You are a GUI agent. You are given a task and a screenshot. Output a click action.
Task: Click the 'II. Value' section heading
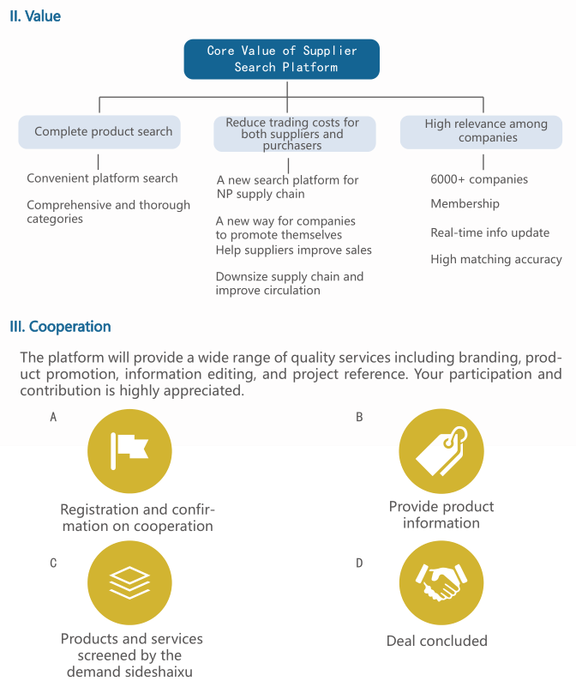pos(35,16)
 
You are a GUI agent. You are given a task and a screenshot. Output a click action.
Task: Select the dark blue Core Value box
pos(282,59)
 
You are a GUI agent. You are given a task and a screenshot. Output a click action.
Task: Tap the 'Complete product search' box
pos(99,132)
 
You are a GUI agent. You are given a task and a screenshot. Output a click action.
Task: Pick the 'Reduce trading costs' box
pos(294,134)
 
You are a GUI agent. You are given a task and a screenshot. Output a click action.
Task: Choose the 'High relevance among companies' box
pos(481,132)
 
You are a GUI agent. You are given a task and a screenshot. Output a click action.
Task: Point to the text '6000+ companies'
pos(479,179)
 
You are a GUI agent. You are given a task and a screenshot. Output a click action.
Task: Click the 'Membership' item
pos(465,204)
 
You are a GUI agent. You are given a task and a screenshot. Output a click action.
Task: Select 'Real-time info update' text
pos(489,232)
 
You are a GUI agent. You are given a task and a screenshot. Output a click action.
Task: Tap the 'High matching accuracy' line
pos(496,259)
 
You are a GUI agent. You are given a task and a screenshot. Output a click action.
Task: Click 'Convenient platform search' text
pos(102,178)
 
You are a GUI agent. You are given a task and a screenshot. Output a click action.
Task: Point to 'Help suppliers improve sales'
pos(293,250)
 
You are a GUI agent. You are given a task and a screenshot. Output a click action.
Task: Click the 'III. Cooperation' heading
pos(60,327)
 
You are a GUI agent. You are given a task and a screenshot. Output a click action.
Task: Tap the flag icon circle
pos(129,451)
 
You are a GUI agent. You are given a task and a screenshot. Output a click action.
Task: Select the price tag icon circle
pos(441,451)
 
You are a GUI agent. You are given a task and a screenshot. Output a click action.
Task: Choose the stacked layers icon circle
pos(129,582)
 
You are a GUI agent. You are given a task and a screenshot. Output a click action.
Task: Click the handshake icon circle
pos(441,582)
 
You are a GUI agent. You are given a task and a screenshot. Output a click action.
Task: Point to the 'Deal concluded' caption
pos(436,641)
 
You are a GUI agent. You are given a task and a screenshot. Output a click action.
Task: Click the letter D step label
pos(359,563)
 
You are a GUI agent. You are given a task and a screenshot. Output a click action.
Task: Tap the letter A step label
pos(53,417)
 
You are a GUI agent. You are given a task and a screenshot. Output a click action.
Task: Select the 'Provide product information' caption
pos(441,515)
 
